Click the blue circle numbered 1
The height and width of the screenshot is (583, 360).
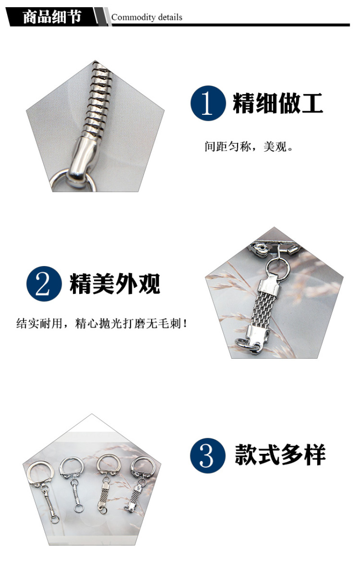point(208,103)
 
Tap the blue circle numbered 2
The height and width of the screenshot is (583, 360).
point(44,284)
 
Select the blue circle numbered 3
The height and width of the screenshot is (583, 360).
point(208,456)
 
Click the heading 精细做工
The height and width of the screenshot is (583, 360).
point(278,104)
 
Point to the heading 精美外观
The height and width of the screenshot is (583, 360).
point(115,284)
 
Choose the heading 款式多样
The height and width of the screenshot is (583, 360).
point(280,456)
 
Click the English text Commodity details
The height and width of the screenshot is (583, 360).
point(147,18)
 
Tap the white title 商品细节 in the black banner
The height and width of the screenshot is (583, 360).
point(52,17)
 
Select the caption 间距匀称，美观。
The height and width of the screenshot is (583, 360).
point(249,146)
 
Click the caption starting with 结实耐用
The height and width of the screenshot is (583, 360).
point(102,324)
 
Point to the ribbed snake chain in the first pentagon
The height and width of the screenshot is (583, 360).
point(99,101)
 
